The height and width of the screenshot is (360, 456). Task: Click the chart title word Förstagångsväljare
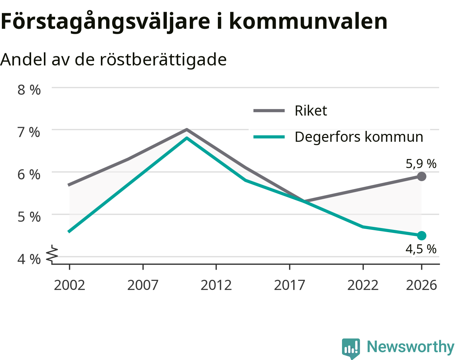[105, 22]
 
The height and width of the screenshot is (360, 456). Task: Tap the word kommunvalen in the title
[308, 21]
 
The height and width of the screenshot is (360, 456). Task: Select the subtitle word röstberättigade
[163, 60]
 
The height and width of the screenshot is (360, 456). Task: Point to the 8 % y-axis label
[29, 90]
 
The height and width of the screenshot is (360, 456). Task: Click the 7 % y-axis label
[29, 132]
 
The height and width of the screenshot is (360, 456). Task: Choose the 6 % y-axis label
[29, 175]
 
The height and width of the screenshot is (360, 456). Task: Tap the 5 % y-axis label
[29, 217]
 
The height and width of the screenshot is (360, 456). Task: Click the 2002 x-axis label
[69, 285]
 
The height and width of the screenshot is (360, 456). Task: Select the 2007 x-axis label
[143, 285]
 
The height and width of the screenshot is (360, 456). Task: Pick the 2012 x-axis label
[216, 285]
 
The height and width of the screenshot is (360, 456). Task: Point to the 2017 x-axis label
[289, 285]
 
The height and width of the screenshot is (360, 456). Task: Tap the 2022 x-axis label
[363, 285]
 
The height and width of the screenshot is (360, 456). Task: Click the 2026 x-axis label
[421, 285]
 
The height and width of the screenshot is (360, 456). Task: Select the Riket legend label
[311, 110]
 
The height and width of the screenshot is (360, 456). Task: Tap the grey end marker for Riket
[421, 176]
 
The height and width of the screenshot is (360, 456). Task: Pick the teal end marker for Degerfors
[421, 235]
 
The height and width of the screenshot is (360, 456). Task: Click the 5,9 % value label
[421, 164]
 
